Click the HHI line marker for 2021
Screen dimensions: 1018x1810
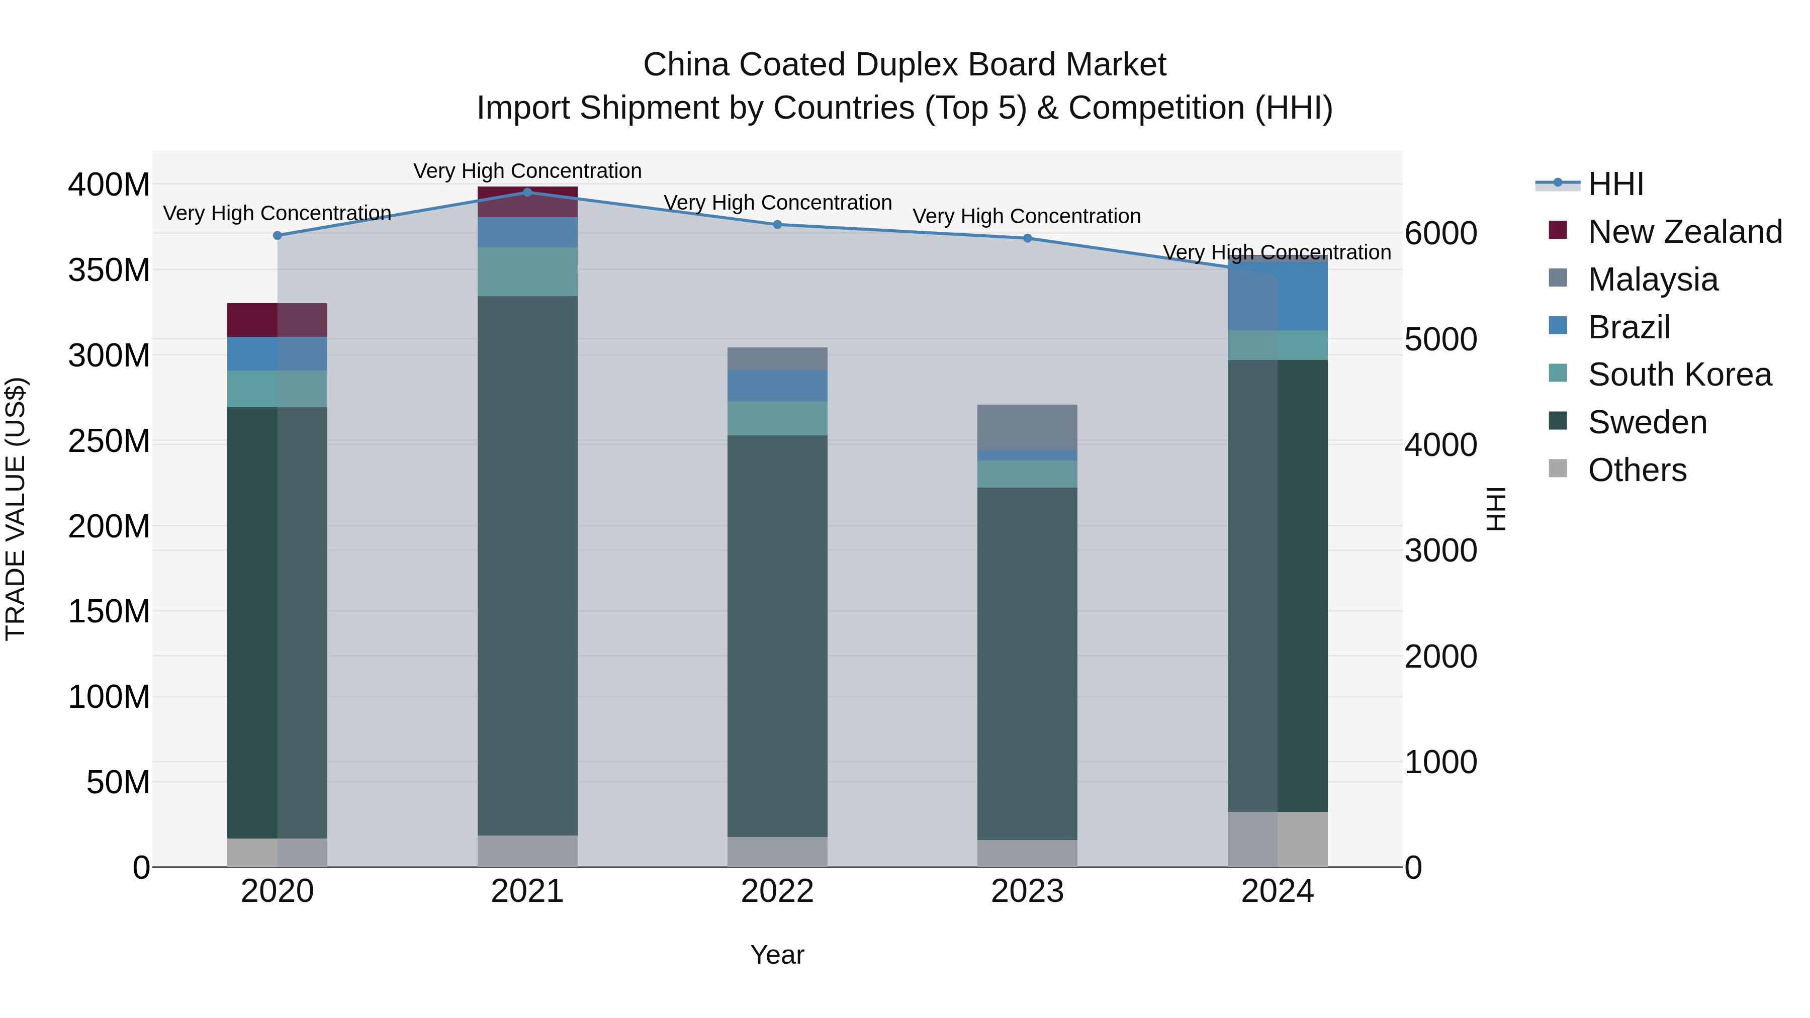528,192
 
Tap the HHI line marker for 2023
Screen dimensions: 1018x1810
1027,238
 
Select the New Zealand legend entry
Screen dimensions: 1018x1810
1684,232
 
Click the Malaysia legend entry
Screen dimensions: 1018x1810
1652,280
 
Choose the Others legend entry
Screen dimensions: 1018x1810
1637,470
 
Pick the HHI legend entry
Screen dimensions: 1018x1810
1614,184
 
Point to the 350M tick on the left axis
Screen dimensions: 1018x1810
109,270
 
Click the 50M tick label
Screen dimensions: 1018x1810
118,782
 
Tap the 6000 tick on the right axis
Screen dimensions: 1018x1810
1440,233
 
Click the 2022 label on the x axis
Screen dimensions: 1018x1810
777,891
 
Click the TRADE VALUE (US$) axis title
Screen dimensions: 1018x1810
16,509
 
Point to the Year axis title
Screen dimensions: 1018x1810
777,955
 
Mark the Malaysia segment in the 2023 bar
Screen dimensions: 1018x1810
1027,427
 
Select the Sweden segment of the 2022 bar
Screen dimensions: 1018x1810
777,636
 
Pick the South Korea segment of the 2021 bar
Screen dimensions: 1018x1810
528,272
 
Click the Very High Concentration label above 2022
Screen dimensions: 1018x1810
777,202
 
